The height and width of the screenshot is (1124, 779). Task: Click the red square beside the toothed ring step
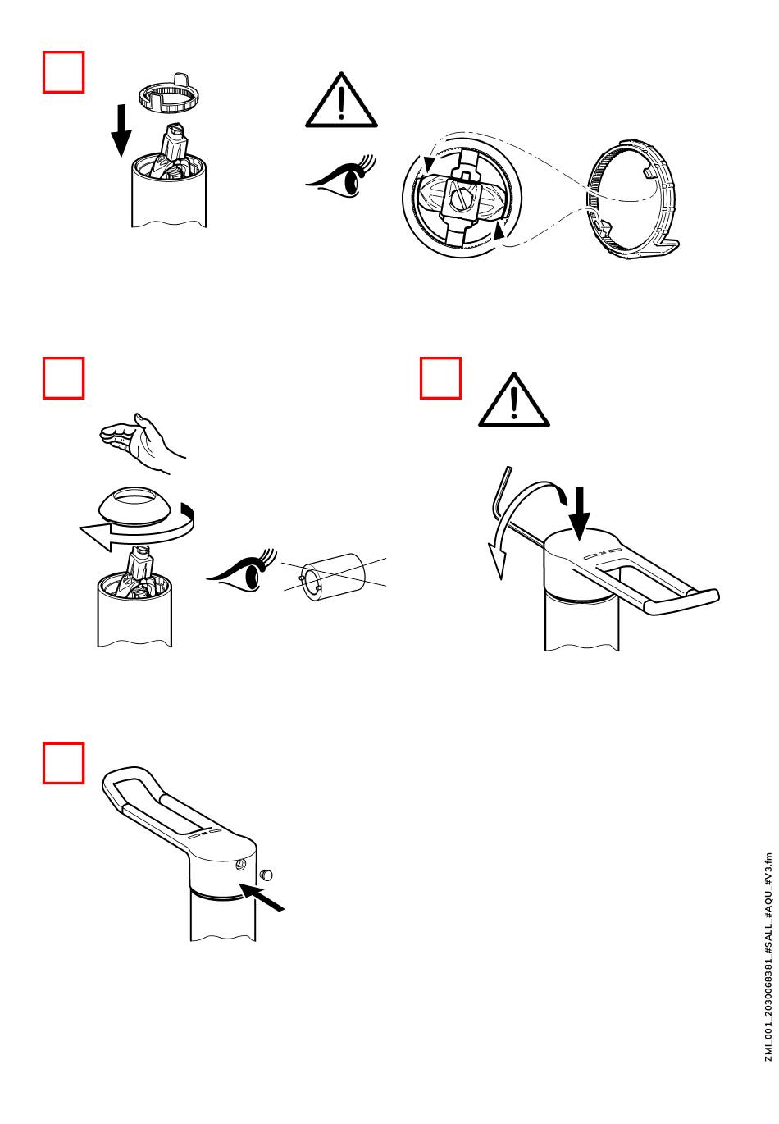click(63, 71)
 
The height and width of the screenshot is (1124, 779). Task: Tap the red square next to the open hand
click(63, 378)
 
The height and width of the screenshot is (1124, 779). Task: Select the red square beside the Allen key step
click(440, 378)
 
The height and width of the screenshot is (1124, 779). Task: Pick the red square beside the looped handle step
click(63, 763)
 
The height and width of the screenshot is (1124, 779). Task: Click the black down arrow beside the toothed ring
click(121, 130)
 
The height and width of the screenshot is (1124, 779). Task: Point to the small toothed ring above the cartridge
click(166, 93)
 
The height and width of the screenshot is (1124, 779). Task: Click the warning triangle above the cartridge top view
click(341, 100)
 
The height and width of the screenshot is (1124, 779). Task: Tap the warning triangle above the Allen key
click(513, 400)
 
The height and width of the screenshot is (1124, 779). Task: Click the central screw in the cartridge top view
click(459, 199)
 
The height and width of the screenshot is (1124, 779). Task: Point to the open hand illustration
click(142, 442)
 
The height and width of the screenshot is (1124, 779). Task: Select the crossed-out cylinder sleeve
click(334, 577)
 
